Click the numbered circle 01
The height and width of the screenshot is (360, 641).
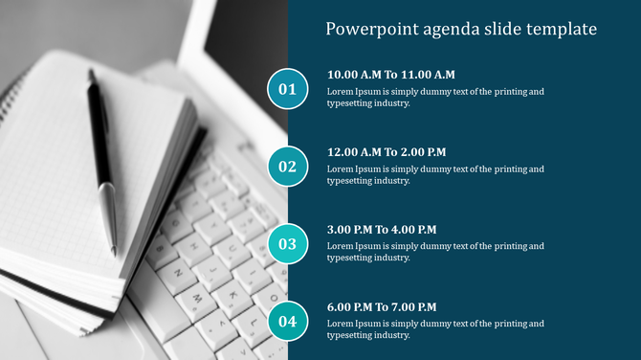click(x=287, y=90)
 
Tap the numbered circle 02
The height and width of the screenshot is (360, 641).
click(x=287, y=167)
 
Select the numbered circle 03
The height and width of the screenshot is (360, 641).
click(x=287, y=244)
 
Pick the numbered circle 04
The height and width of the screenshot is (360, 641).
click(x=287, y=321)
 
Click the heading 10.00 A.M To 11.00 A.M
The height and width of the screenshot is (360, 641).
click(x=390, y=75)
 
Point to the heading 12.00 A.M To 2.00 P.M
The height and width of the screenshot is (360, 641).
click(x=387, y=152)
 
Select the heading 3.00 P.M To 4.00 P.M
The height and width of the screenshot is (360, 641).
click(x=382, y=230)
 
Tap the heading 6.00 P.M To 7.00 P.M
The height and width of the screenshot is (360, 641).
click(x=382, y=307)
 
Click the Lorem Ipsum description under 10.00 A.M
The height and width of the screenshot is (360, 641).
click(x=435, y=98)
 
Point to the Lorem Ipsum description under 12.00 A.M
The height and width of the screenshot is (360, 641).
click(x=435, y=174)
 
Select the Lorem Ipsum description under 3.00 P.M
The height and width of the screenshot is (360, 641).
click(x=435, y=252)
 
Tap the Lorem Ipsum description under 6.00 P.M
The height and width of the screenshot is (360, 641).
click(x=435, y=329)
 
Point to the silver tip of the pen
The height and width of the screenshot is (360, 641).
click(x=110, y=225)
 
